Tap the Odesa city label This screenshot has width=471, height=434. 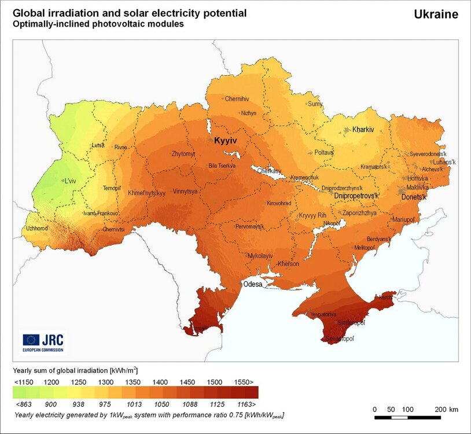tap(252, 284)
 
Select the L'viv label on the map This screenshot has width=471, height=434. tap(70, 181)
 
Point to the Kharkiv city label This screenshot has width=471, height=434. tap(363, 130)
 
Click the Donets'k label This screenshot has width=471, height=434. tap(414, 197)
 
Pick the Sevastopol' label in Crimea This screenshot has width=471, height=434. tap(340, 337)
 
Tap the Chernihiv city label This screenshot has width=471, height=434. tap(237, 99)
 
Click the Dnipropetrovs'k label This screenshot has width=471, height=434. tap(356, 197)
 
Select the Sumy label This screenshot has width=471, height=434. tap(315, 104)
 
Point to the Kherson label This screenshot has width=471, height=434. tap(288, 264)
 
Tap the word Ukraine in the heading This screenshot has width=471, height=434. tap(436, 14)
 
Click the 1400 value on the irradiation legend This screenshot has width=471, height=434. tap(160, 382)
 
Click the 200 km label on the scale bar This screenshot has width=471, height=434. tap(446, 410)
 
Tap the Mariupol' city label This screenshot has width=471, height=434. tap(404, 220)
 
